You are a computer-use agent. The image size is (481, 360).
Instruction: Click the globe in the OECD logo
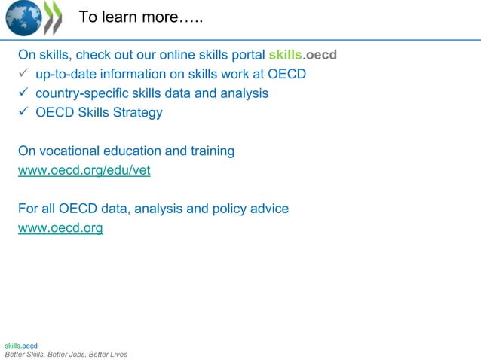pyautogui.click(x=22, y=18)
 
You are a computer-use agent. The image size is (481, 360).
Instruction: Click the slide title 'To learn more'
pyautogui.click(x=141, y=17)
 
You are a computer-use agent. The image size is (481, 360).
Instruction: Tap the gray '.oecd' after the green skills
pyautogui.click(x=320, y=55)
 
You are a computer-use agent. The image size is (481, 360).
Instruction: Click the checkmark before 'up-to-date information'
pyautogui.click(x=24, y=74)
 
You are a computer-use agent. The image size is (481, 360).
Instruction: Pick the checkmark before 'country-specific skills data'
pyautogui.click(x=24, y=93)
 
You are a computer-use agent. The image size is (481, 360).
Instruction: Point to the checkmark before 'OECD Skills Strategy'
pyautogui.click(x=24, y=113)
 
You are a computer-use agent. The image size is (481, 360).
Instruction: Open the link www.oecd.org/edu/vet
pyautogui.click(x=84, y=170)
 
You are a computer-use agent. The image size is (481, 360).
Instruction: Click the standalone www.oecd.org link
pyautogui.click(x=60, y=227)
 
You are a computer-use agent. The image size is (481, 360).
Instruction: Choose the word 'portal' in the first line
pyautogui.click(x=245, y=55)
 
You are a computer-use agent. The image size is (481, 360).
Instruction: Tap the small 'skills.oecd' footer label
pyautogui.click(x=20, y=346)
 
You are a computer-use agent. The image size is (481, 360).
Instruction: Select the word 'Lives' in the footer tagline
pyautogui.click(x=116, y=354)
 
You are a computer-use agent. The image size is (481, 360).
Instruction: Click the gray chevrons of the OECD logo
pyautogui.click(x=52, y=18)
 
